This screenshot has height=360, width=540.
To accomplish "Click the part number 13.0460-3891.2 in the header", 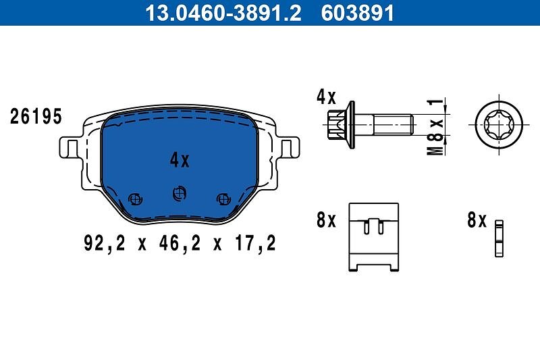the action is [223, 13].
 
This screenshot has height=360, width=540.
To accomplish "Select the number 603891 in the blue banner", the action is [357, 13].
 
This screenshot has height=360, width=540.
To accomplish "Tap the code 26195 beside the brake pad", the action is [36, 116].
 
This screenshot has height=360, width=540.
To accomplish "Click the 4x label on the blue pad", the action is [180, 160].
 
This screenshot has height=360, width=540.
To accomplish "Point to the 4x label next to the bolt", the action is [326, 97].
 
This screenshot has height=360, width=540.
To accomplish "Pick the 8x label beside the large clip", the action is [326, 220].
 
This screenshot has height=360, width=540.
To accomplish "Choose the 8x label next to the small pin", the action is [477, 220].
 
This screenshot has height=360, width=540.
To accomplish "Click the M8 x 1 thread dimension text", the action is [435, 126].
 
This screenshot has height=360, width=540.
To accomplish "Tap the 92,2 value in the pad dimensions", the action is [105, 243].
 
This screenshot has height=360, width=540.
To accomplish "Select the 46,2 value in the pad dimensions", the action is [180, 243].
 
